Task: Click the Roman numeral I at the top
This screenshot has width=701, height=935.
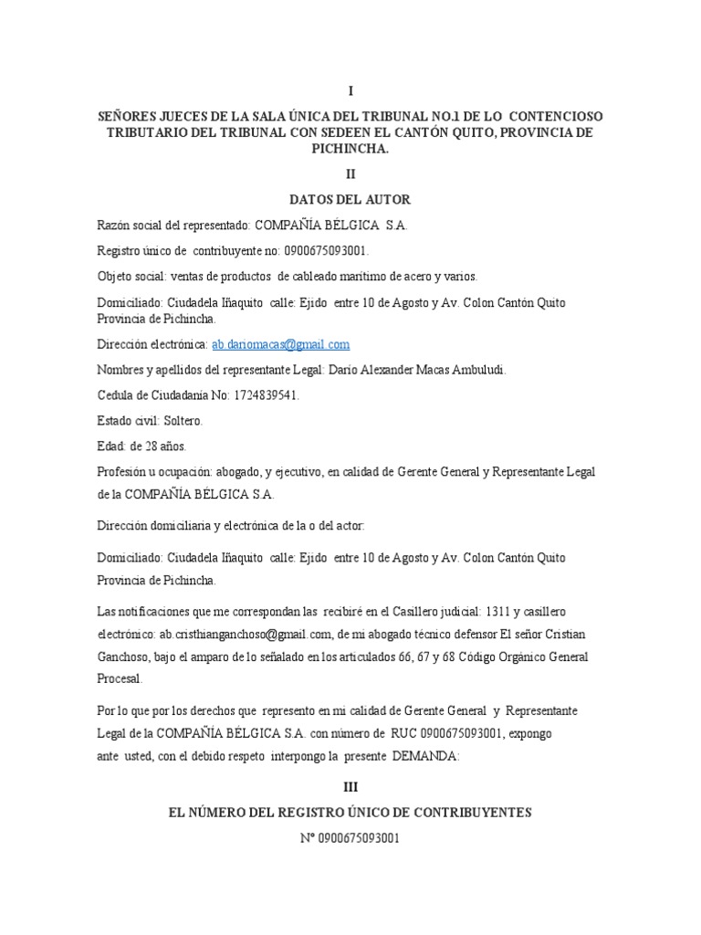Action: point(350,91)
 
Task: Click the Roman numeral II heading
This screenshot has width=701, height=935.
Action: point(350,173)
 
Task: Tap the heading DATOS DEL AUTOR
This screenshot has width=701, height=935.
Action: point(350,199)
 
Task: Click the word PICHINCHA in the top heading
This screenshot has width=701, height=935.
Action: point(350,149)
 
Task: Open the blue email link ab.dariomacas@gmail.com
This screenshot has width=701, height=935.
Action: point(280,344)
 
